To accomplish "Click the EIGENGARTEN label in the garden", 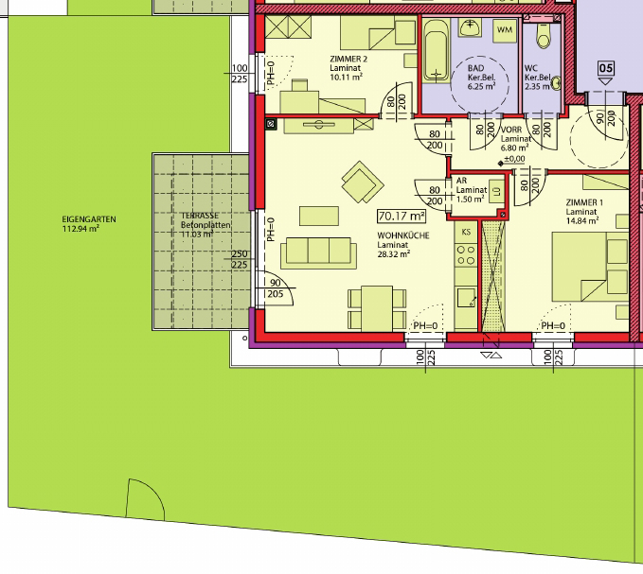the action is [89, 219].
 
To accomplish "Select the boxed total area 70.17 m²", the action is [402, 216].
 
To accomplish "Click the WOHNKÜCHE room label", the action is [403, 235].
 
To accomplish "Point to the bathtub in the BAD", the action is [436, 50].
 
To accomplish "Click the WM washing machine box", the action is [505, 30].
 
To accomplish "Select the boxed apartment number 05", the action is [606, 68].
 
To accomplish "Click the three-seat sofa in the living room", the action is [318, 252].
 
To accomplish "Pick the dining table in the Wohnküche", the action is [377, 308].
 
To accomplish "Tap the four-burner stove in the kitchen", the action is [466, 254].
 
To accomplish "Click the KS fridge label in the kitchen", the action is [466, 232].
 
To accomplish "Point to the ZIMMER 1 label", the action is [584, 202].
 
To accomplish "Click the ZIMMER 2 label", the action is [348, 59].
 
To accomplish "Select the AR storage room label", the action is [461, 181].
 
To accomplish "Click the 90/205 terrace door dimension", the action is [276, 288].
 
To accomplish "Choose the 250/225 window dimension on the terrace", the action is [240, 259].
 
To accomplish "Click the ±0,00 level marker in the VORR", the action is [511, 159].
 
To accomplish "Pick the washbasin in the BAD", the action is [471, 27].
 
